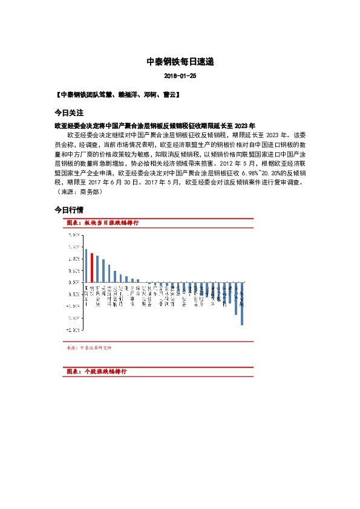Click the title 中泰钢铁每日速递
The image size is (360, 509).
(x=180, y=62)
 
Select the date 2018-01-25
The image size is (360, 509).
(x=180, y=76)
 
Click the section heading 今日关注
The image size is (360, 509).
(x=68, y=113)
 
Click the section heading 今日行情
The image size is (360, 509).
(x=68, y=210)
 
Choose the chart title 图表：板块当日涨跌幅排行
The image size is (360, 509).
(x=103, y=223)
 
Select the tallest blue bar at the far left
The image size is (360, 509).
(x=86, y=265)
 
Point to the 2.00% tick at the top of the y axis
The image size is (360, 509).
(x=74, y=235)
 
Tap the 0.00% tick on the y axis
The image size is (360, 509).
(x=74, y=282)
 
